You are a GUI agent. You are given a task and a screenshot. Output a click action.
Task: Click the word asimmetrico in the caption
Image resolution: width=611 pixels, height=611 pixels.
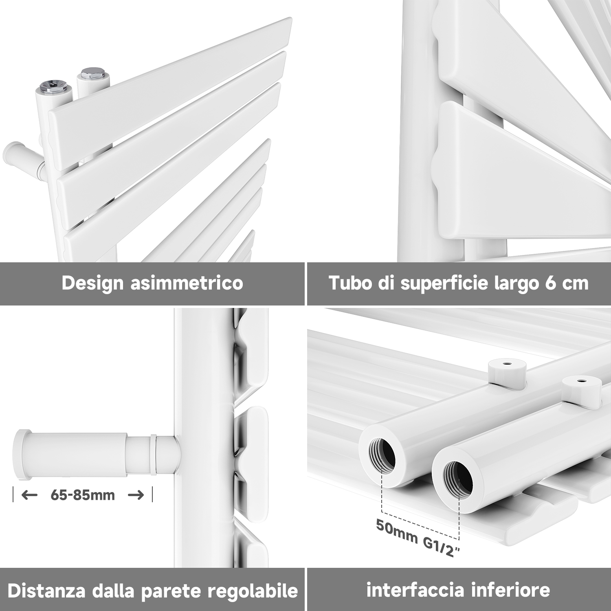[187, 283]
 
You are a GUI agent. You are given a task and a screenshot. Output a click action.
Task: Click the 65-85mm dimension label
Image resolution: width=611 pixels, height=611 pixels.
[83, 495]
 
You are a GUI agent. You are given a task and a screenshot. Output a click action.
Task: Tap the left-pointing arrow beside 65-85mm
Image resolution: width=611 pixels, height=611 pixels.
[29, 495]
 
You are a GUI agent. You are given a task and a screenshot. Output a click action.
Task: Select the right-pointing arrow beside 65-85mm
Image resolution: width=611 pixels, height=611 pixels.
[136, 495]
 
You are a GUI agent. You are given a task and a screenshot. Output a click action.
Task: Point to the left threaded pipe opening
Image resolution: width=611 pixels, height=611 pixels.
[382, 455]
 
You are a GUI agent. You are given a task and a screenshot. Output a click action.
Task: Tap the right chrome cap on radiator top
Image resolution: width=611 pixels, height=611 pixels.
[94, 75]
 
